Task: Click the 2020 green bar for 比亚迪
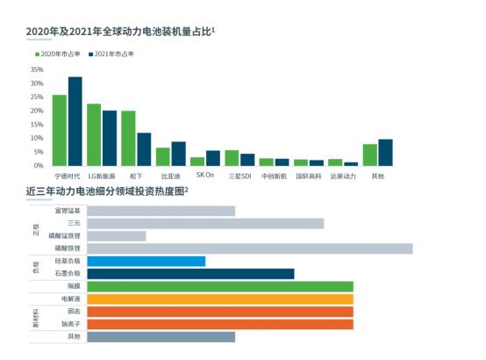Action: [x=162, y=156]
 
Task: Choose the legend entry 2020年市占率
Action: [x=58, y=54]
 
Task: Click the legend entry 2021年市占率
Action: [x=114, y=54]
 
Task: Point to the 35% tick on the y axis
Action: [x=37, y=69]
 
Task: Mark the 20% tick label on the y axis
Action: [x=37, y=111]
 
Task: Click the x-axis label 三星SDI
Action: [x=239, y=176]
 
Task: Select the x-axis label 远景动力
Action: [x=343, y=176]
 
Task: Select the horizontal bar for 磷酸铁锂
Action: [x=250, y=248]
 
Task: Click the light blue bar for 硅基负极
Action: [x=147, y=261]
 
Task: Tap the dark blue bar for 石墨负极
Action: [x=190, y=274]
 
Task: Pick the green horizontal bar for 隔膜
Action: [x=220, y=286]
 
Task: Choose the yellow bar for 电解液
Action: [x=220, y=299]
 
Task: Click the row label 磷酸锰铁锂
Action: [x=65, y=236]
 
